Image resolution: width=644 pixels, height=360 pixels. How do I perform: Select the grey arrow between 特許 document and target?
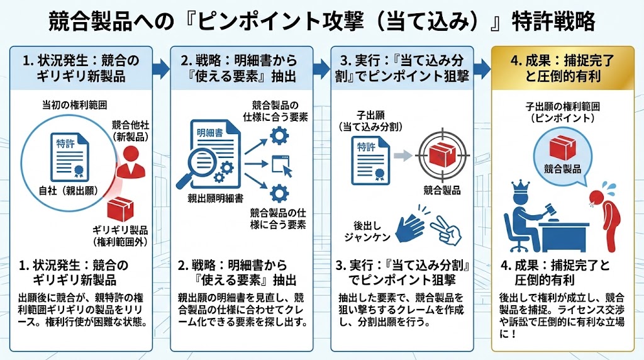click(x=402, y=154)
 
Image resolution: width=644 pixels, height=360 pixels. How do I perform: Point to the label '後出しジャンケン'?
click(x=369, y=231)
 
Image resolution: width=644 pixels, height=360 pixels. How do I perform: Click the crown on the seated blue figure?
click(x=522, y=187)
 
